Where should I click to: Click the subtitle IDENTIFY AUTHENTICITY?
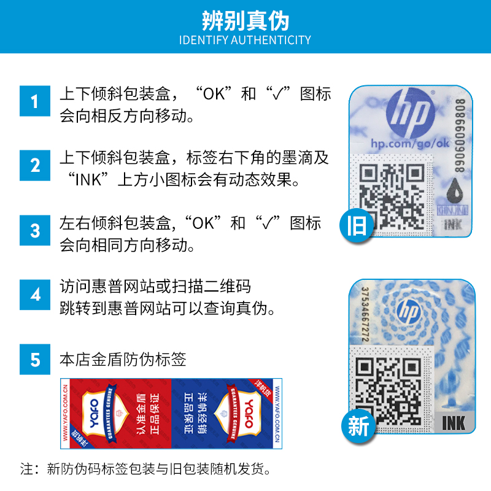point(245,41)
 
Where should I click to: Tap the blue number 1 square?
point(35,101)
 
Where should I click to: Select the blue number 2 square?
point(35,166)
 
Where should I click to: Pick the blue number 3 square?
point(35,231)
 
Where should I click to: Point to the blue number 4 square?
point(35,295)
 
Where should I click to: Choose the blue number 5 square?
point(35,359)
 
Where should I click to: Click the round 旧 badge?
point(356,225)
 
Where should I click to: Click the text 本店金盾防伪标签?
point(123,359)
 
